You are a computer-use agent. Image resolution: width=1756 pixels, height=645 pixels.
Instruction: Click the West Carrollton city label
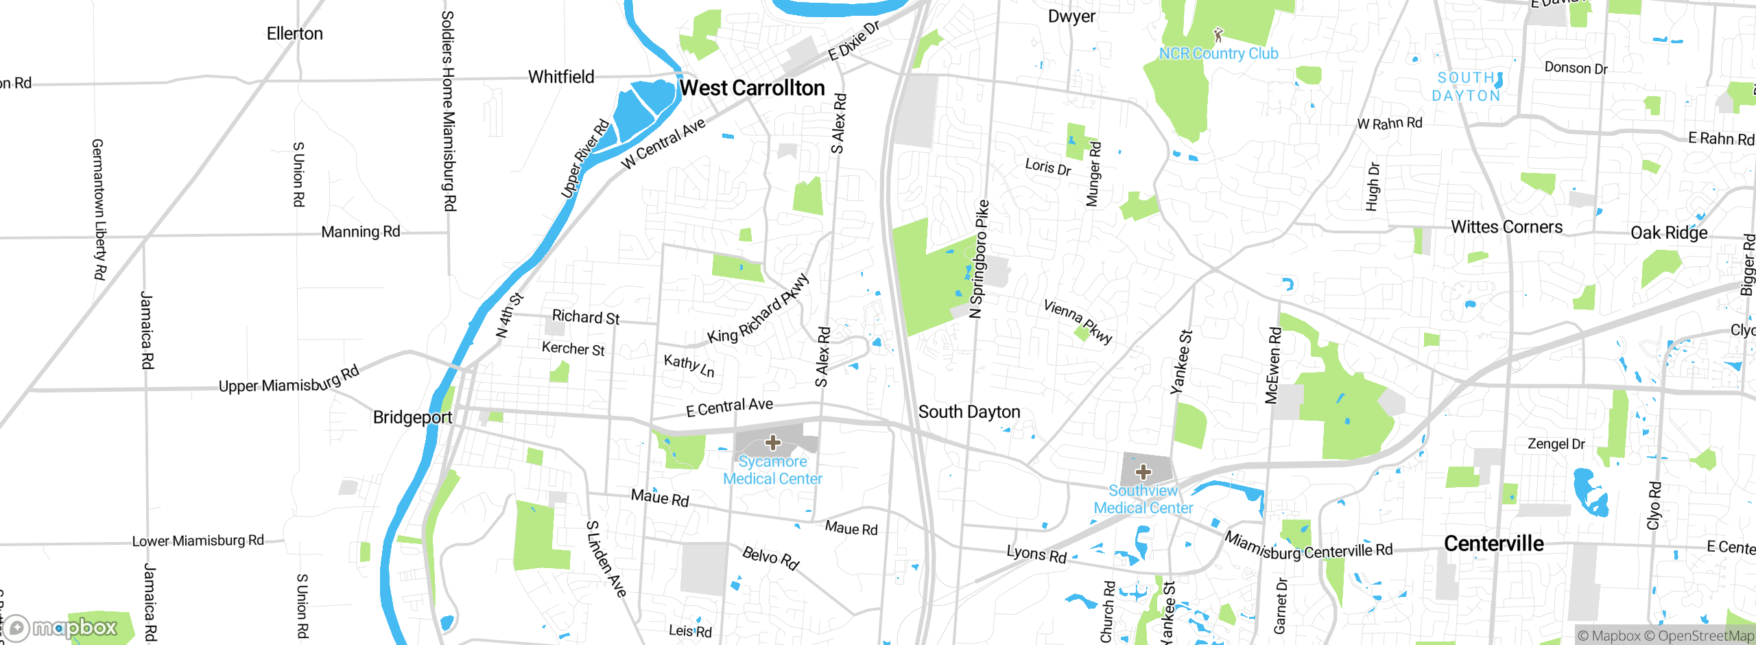click(x=752, y=88)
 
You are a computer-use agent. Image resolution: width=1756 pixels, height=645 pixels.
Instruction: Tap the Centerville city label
click(x=1493, y=543)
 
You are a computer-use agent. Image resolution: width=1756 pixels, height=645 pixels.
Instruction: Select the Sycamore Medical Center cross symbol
click(x=773, y=443)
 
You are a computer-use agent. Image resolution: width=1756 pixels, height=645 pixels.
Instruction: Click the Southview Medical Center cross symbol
click(x=1143, y=472)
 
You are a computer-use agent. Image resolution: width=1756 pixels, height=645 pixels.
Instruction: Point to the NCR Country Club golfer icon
click(x=1218, y=35)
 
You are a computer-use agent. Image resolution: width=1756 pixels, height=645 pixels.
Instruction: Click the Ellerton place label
click(x=294, y=34)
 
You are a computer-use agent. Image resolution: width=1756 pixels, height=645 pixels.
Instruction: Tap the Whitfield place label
click(x=561, y=77)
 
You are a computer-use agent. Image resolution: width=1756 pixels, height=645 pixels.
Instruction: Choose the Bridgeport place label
click(x=412, y=417)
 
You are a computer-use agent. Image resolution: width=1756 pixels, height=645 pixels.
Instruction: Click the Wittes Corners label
click(x=1506, y=227)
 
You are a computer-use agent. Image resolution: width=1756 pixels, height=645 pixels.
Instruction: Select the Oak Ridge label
click(x=1669, y=233)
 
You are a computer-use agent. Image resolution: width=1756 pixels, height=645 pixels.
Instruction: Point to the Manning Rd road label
click(x=360, y=232)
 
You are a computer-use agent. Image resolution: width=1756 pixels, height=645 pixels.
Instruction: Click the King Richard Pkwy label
click(x=758, y=310)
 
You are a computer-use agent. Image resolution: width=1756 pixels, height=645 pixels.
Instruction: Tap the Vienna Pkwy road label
click(x=1078, y=321)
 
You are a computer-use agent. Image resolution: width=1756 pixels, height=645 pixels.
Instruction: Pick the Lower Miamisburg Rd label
click(x=198, y=541)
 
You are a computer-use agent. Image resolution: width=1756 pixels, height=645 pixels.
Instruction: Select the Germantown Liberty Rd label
click(x=99, y=209)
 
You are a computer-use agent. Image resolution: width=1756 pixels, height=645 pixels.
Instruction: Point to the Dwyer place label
click(x=1071, y=16)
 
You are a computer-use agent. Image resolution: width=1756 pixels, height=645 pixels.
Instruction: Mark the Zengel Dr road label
click(x=1556, y=444)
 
